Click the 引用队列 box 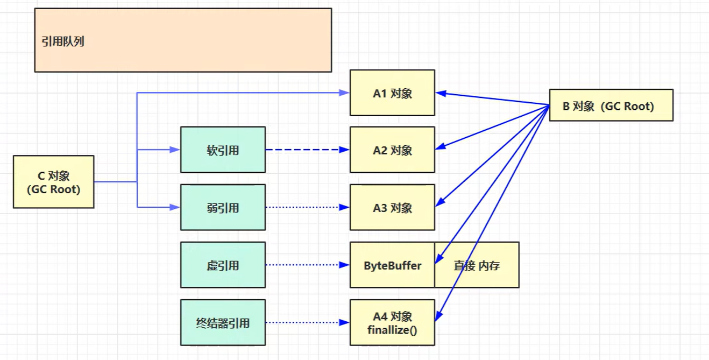[x=183, y=40]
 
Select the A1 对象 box [x=392, y=93]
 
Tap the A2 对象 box [x=392, y=150]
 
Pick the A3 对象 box [x=392, y=207]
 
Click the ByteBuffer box [x=392, y=265]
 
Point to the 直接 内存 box [x=477, y=265]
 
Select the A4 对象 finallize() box [x=392, y=322]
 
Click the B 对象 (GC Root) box [x=611, y=105]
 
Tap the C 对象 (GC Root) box [x=53, y=182]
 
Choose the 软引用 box [x=223, y=150]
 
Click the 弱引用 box [x=223, y=207]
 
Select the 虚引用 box [x=223, y=265]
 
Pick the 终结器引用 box [x=223, y=322]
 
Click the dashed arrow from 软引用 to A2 [x=307, y=150]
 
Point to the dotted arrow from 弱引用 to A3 [x=307, y=207]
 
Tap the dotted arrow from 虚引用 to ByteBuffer [x=307, y=265]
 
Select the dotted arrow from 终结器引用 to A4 [x=307, y=322]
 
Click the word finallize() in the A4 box [x=392, y=329]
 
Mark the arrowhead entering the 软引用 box [x=175, y=150]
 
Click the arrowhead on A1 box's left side [x=345, y=93]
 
